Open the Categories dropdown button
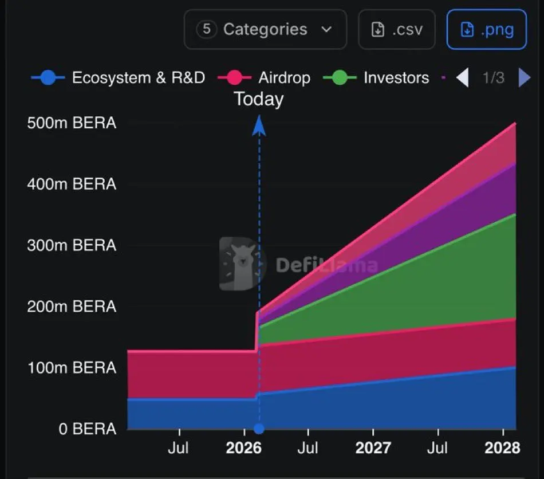pyautogui.click(x=265, y=29)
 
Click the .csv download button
pyautogui.click(x=396, y=29)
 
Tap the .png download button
pyautogui.click(x=486, y=29)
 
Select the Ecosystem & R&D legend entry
pyautogui.click(x=118, y=78)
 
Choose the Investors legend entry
pyautogui.click(x=376, y=78)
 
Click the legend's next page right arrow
pyautogui.click(x=524, y=78)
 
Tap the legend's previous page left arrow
pyautogui.click(x=462, y=78)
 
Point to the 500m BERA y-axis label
pyautogui.click(x=72, y=123)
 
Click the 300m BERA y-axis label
pyautogui.click(x=72, y=245)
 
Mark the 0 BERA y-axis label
pyautogui.click(x=88, y=429)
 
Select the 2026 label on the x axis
pyautogui.click(x=243, y=448)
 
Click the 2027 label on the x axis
pyautogui.click(x=373, y=448)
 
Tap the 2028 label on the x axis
pyautogui.click(x=502, y=448)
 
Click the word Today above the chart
pyautogui.click(x=259, y=99)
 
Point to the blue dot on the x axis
pyautogui.click(x=259, y=429)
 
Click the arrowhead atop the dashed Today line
pyautogui.click(x=259, y=125)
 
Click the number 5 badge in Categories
pyautogui.click(x=206, y=29)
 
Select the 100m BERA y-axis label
pyautogui.click(x=72, y=367)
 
